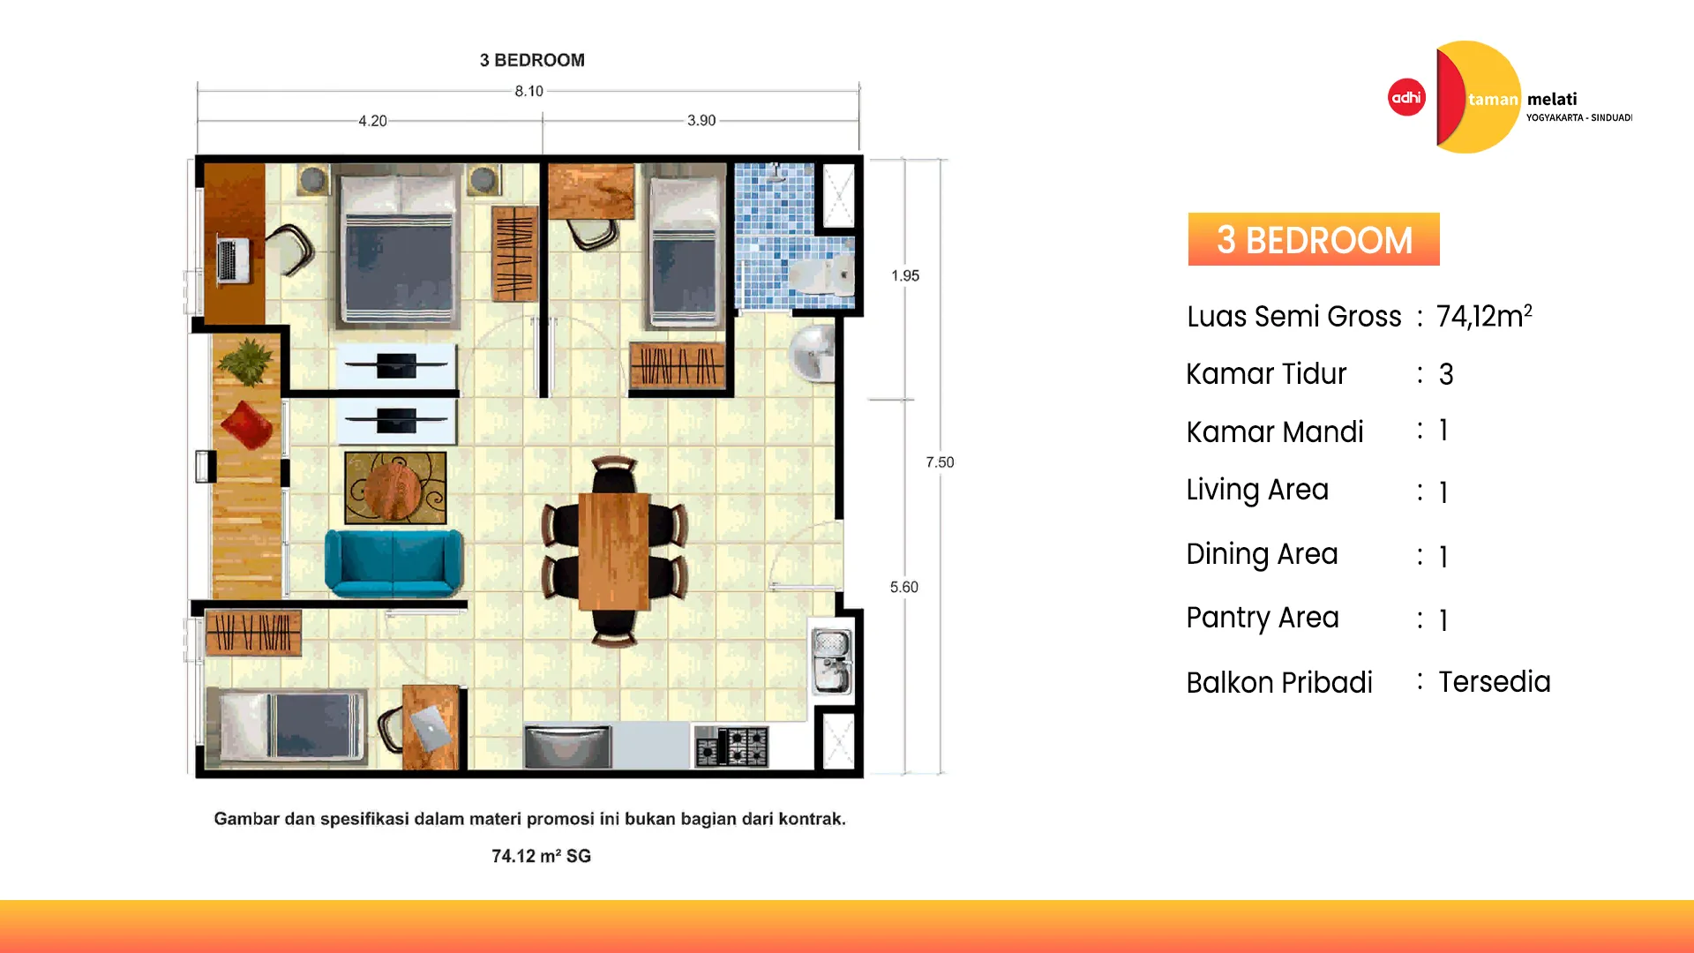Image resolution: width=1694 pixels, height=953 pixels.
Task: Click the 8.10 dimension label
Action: tap(529, 91)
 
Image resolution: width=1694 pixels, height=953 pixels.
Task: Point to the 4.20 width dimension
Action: tap(372, 121)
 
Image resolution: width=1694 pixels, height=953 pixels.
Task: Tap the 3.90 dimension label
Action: tap(701, 120)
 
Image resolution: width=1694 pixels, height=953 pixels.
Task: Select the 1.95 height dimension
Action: tap(905, 275)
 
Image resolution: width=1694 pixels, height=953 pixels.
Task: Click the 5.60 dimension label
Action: tap(904, 587)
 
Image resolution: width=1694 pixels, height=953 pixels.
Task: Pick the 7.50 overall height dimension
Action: tap(940, 462)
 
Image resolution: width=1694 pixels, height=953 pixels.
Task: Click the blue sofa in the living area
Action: tap(394, 562)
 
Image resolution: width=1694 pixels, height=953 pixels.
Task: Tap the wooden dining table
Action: tap(614, 552)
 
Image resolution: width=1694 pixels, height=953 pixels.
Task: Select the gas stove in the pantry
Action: tap(731, 747)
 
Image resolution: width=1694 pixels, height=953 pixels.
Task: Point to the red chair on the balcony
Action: tap(246, 424)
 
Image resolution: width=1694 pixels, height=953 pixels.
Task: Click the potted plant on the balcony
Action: tap(246, 362)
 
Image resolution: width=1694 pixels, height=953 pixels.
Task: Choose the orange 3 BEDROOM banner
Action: tap(1314, 239)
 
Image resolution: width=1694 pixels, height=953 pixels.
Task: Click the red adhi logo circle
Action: tap(1406, 97)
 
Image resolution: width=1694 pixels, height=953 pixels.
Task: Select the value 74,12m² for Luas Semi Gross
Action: tap(1484, 316)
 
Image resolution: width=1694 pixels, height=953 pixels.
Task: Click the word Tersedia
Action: tap(1495, 681)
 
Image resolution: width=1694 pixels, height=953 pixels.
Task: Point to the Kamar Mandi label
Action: tap(1275, 431)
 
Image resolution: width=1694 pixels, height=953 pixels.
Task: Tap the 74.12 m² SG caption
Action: tap(541, 856)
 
